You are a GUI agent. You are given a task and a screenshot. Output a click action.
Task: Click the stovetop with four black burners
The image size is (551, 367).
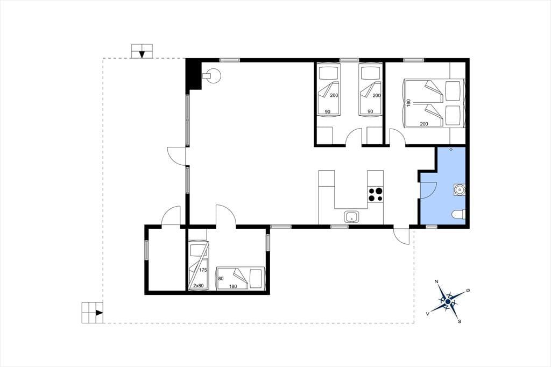pos(375,194)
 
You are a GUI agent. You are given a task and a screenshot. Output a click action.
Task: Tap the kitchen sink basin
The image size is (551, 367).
pos(351,217)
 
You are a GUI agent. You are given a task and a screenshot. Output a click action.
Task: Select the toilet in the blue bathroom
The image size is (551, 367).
pos(458,214)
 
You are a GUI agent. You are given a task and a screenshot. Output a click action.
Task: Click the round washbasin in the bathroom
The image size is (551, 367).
pos(459,190)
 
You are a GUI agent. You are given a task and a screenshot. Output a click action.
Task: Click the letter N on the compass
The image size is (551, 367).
pos(436,281)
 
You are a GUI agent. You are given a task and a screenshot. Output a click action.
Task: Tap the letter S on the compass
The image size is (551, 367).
pos(460,321)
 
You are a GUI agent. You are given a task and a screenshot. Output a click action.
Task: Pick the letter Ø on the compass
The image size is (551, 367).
pos(468,291)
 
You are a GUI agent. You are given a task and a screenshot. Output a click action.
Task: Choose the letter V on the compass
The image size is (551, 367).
pos(428,313)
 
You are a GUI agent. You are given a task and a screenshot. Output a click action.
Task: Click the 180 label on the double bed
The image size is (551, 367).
pos(408,103)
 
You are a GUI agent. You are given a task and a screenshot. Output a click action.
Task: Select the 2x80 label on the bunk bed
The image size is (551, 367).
pos(199,285)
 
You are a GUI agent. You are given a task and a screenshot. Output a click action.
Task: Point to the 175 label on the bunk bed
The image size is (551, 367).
pos(203,270)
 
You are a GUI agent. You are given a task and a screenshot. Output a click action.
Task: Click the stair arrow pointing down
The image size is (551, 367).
pos(142,54)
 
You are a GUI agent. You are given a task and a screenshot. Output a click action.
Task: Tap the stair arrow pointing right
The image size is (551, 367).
pos(100,313)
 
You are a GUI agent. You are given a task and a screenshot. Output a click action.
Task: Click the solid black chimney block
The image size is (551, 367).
pos(193,74)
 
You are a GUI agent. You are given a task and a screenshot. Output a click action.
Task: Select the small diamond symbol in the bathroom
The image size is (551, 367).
pos(451,150)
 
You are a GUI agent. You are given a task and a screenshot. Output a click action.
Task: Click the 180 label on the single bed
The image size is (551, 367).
pos(233,286)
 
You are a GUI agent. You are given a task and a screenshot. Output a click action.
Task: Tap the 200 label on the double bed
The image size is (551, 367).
pos(424,124)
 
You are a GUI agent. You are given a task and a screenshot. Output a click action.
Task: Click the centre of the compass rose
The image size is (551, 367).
pos(448,301)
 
